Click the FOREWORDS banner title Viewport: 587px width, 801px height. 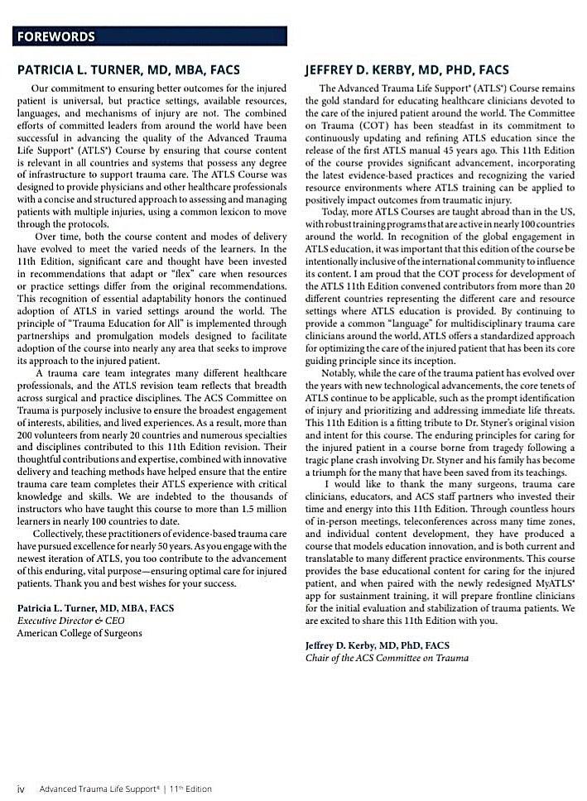pyautogui.click(x=55, y=36)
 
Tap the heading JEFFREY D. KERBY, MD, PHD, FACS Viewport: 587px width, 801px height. pyautogui.click(x=407, y=70)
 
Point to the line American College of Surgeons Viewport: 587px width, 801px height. pyautogui.click(x=79, y=632)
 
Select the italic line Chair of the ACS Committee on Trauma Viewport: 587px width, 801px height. pyautogui.click(x=387, y=658)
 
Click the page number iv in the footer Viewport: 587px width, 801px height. pyautogui.click(x=22, y=789)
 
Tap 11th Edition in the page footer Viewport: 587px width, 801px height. pyautogui.click(x=190, y=789)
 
